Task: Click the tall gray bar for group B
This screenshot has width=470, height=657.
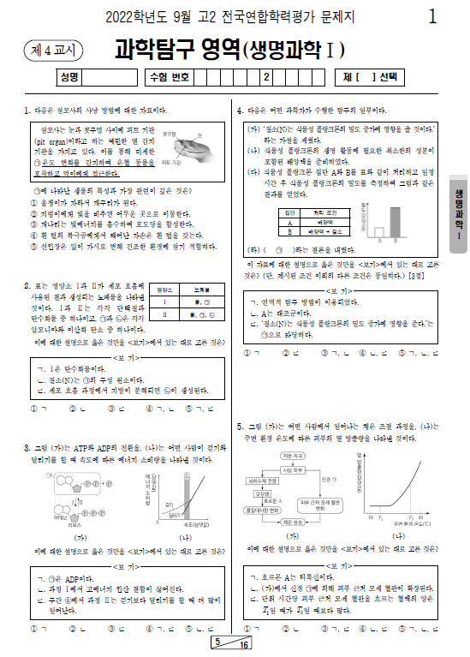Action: (x=378, y=220)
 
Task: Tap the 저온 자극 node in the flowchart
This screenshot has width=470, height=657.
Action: (x=293, y=456)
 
